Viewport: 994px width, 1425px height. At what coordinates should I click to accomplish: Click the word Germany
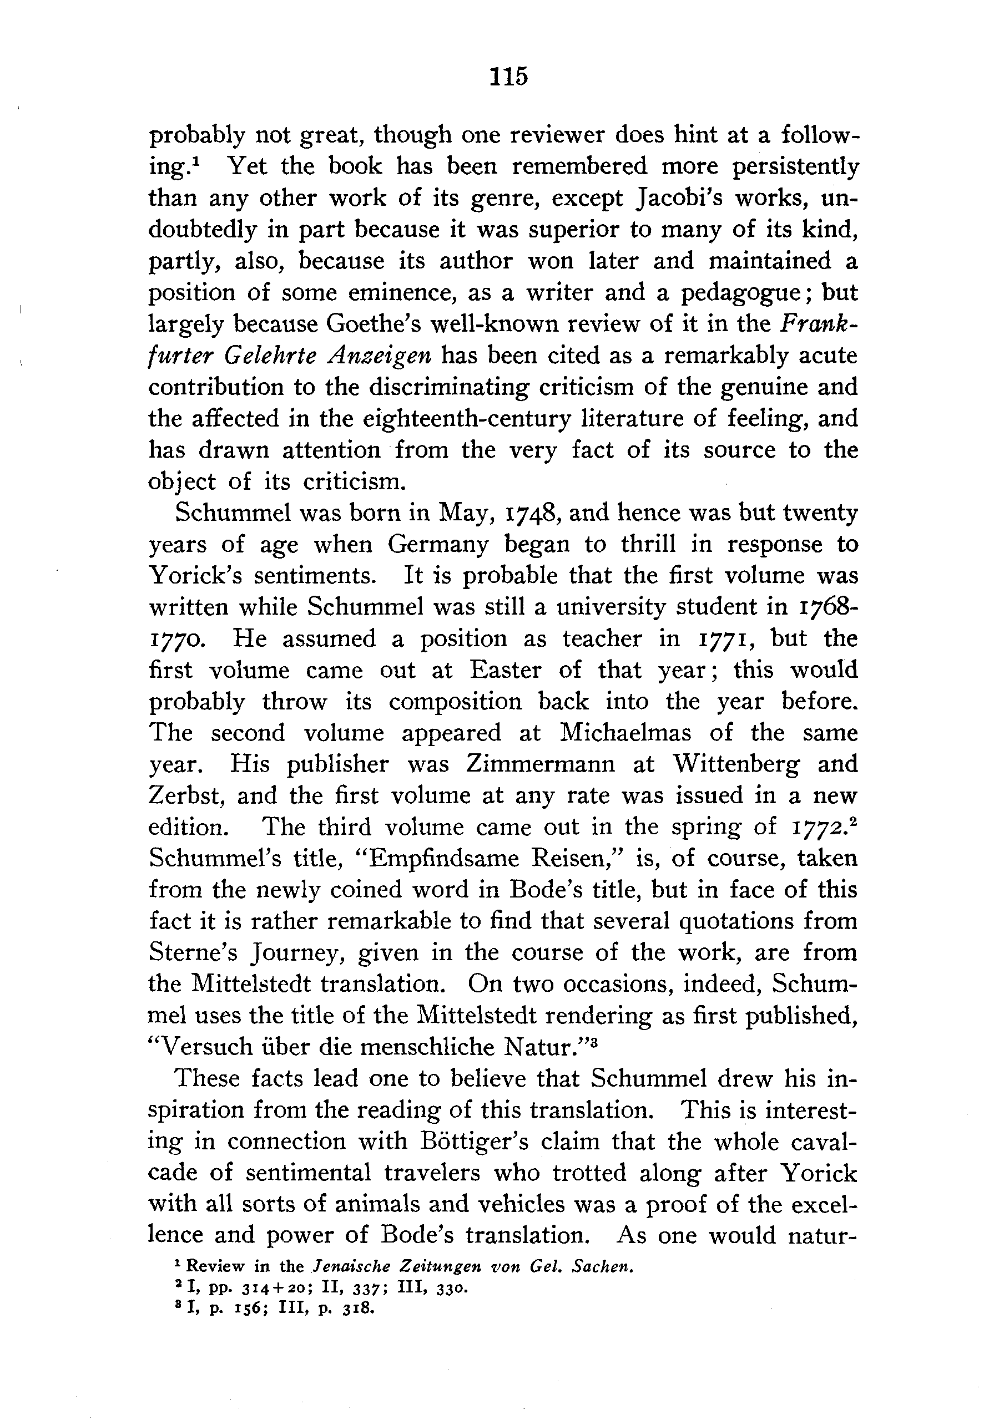(438, 544)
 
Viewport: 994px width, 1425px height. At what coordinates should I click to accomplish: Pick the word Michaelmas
(625, 733)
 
